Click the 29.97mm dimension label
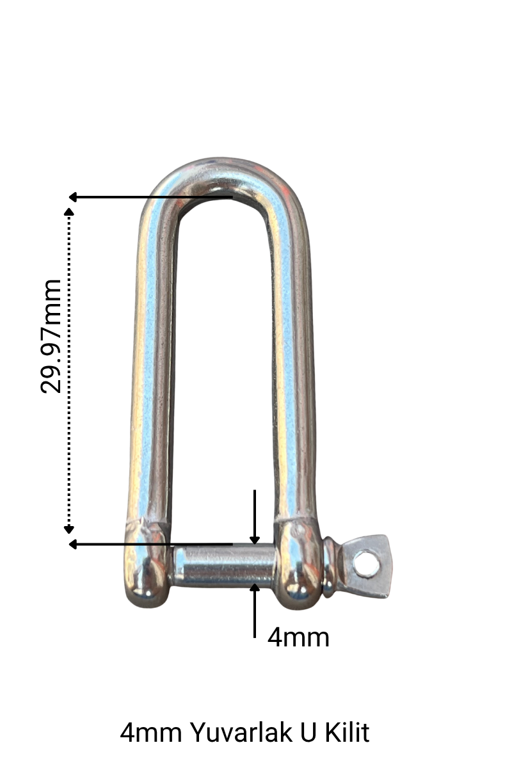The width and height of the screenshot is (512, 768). [x=51, y=336]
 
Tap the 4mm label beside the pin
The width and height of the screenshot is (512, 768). [x=298, y=637]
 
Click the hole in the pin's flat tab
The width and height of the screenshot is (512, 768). [x=365, y=564]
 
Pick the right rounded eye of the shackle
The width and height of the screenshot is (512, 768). [x=298, y=563]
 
